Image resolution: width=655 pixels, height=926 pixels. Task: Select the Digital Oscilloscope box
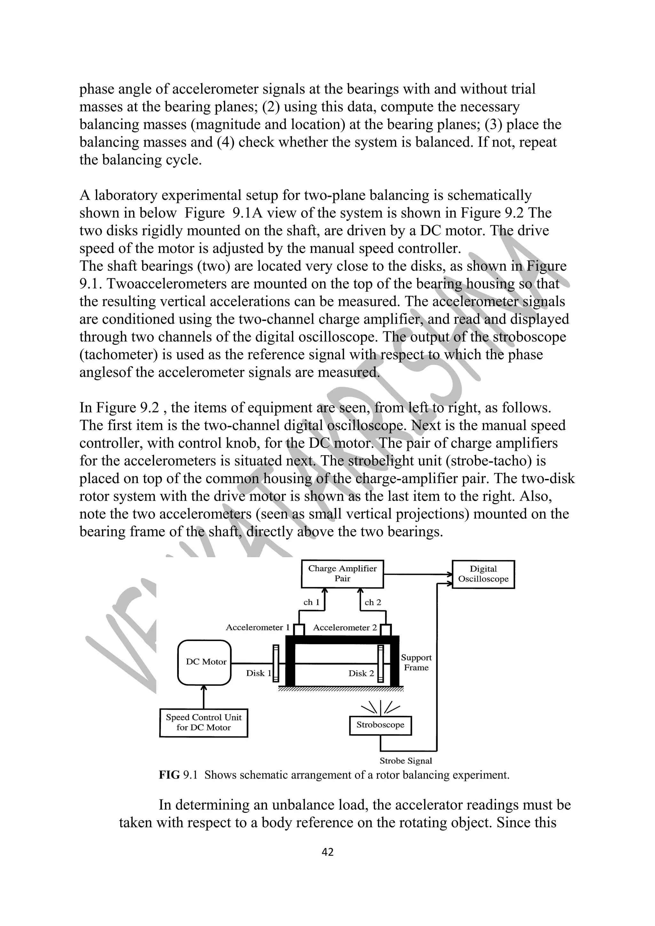(483, 574)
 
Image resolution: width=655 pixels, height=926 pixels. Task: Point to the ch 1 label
(311, 602)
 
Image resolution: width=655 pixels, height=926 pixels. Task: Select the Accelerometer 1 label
(257, 627)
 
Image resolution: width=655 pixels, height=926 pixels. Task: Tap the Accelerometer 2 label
(345, 628)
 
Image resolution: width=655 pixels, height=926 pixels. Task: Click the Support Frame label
(416, 662)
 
